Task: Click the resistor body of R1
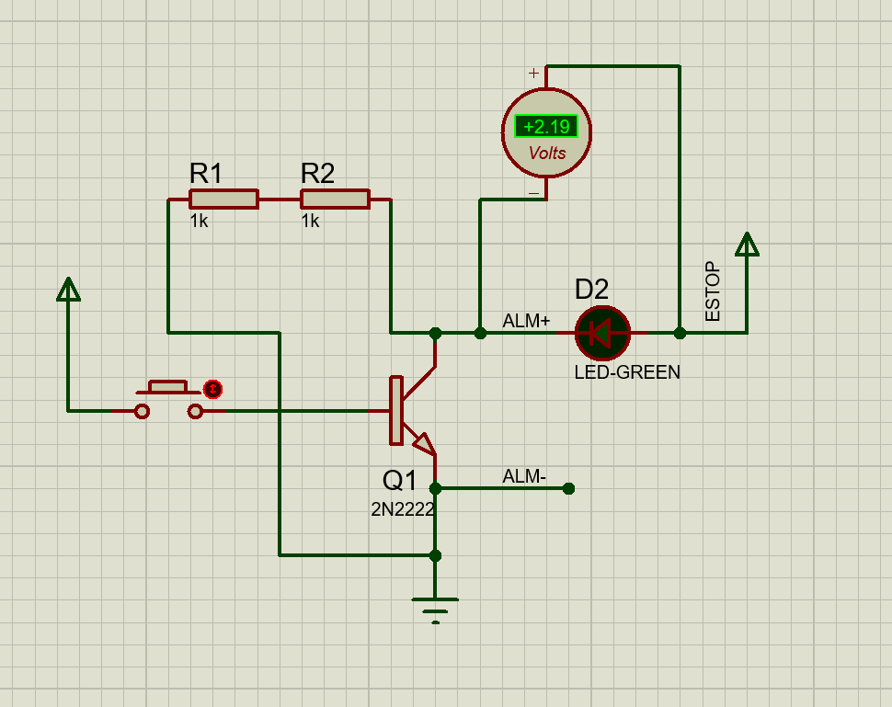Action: click(223, 200)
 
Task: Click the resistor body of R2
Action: click(335, 200)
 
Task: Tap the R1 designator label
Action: click(205, 173)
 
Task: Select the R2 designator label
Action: click(317, 173)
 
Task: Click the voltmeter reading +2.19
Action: click(546, 127)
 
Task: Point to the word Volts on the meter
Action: click(547, 154)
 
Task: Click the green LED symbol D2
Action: click(602, 333)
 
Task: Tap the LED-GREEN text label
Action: click(627, 372)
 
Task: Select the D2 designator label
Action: click(591, 290)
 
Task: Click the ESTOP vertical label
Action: click(713, 292)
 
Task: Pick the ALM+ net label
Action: click(526, 321)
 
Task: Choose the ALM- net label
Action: click(524, 476)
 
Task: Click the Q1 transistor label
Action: click(400, 480)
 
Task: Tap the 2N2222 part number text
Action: click(403, 509)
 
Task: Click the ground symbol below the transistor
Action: click(435, 608)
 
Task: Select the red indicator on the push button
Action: click(213, 389)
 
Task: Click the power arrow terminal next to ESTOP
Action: click(747, 245)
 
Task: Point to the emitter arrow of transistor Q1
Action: click(423, 445)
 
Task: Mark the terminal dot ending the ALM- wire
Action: click(568, 488)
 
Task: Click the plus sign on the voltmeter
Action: click(533, 73)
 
